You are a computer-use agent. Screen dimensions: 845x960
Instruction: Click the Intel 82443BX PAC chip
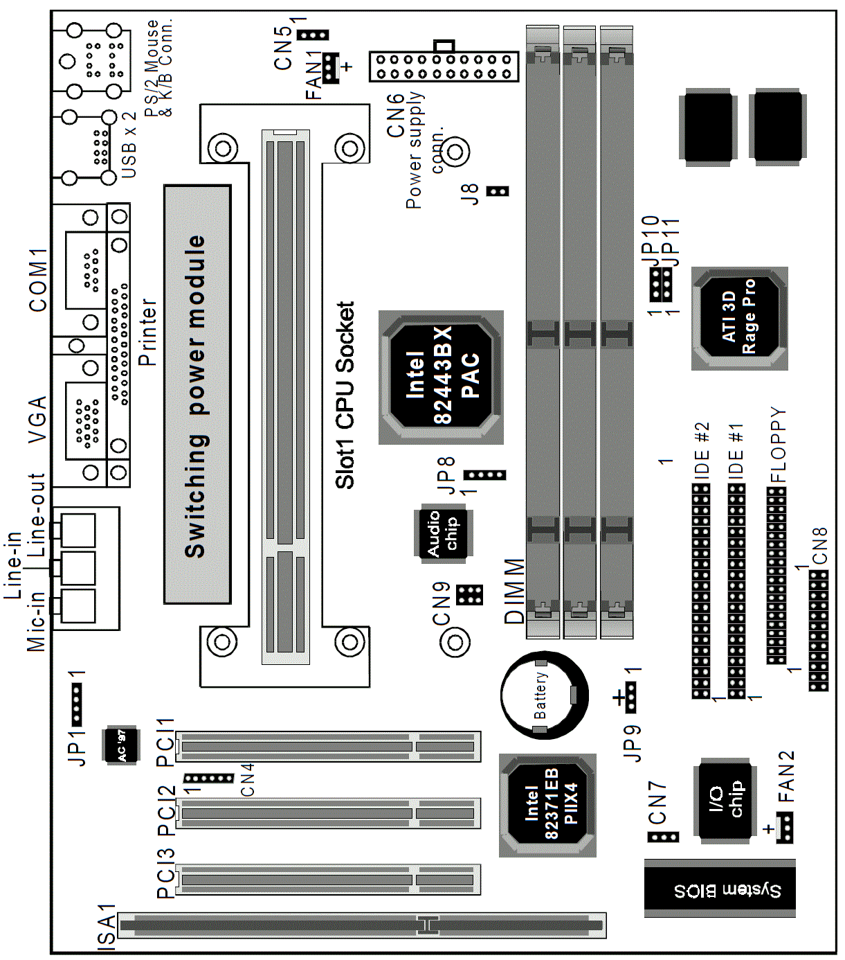pos(441,377)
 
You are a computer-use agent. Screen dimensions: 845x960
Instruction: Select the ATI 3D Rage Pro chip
pos(739,319)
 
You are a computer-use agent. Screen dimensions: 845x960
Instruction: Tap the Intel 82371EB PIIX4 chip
pos(547,806)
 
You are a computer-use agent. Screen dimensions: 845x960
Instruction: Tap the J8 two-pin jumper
pos(497,191)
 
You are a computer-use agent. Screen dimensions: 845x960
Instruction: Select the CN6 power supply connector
pos(444,66)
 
